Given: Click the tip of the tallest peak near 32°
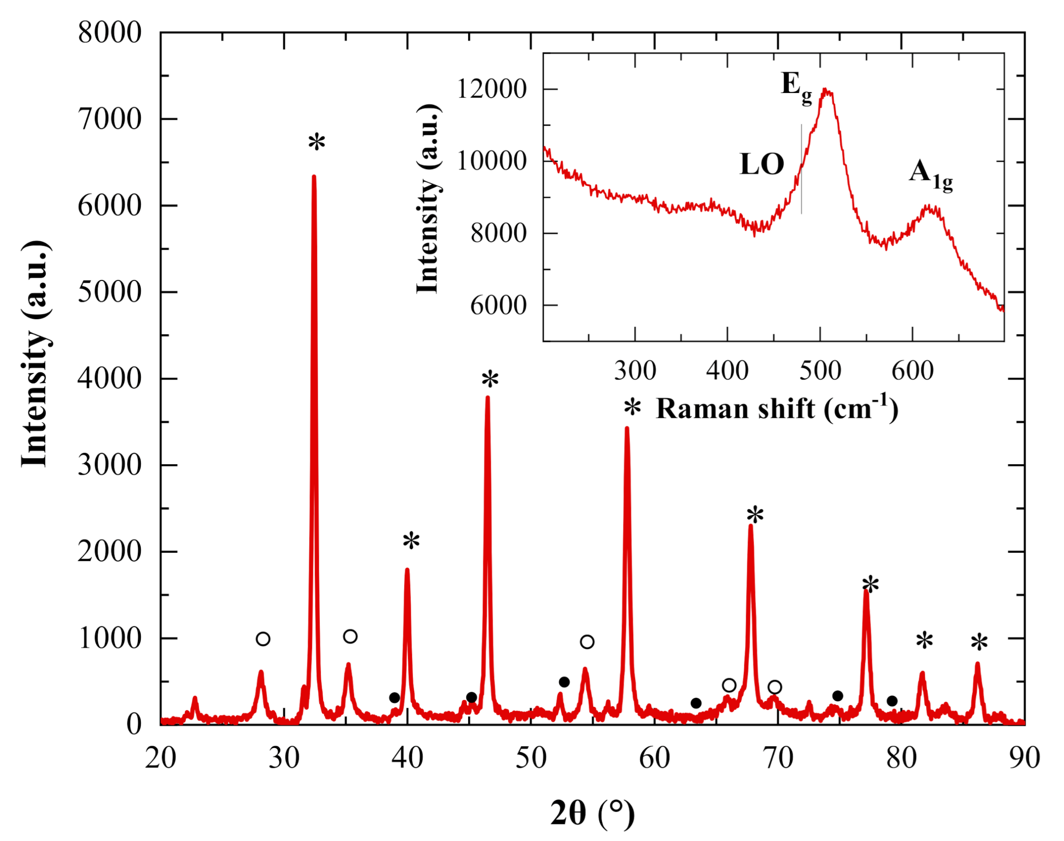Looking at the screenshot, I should (x=314, y=177).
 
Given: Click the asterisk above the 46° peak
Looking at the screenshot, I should (x=490, y=380).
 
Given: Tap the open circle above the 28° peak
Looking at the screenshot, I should (x=263, y=639).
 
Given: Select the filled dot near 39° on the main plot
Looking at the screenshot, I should (x=394, y=698).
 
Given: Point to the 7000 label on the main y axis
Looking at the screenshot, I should (x=109, y=119).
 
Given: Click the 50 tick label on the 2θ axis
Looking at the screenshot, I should (x=530, y=758).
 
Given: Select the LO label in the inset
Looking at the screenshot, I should (x=762, y=164).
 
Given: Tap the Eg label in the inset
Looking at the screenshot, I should (x=795, y=87).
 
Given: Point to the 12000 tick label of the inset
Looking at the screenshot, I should (x=491, y=90).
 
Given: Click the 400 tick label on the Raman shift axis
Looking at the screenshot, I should (x=727, y=371).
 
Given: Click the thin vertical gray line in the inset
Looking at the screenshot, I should (x=801, y=170).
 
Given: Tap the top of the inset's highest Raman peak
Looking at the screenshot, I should (x=826, y=91).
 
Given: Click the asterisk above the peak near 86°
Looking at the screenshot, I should (x=979, y=643).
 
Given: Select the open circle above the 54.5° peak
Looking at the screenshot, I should (x=587, y=642).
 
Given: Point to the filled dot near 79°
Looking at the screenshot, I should (x=892, y=701).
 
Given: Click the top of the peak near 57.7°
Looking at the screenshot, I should (x=627, y=428).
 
